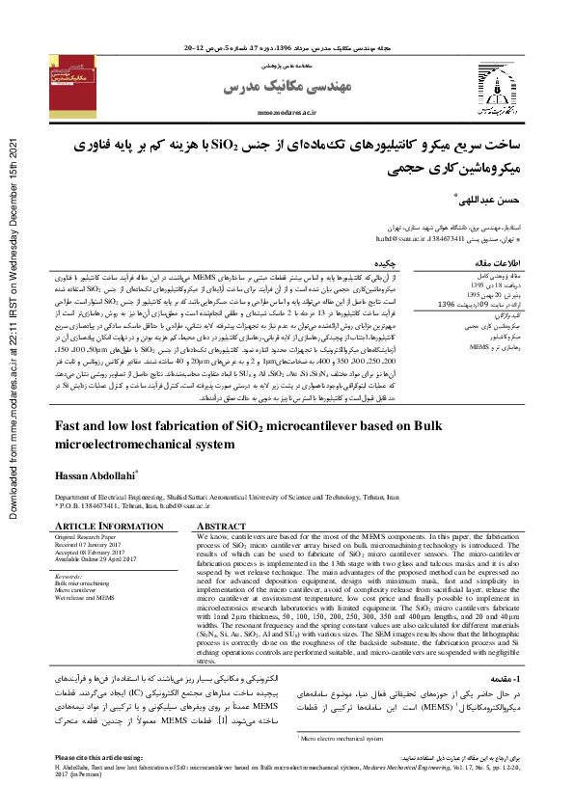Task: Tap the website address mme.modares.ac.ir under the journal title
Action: click(x=287, y=112)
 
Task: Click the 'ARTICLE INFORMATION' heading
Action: click(x=96, y=526)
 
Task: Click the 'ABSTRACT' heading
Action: click(x=223, y=526)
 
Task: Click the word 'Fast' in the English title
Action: click(x=72, y=425)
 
